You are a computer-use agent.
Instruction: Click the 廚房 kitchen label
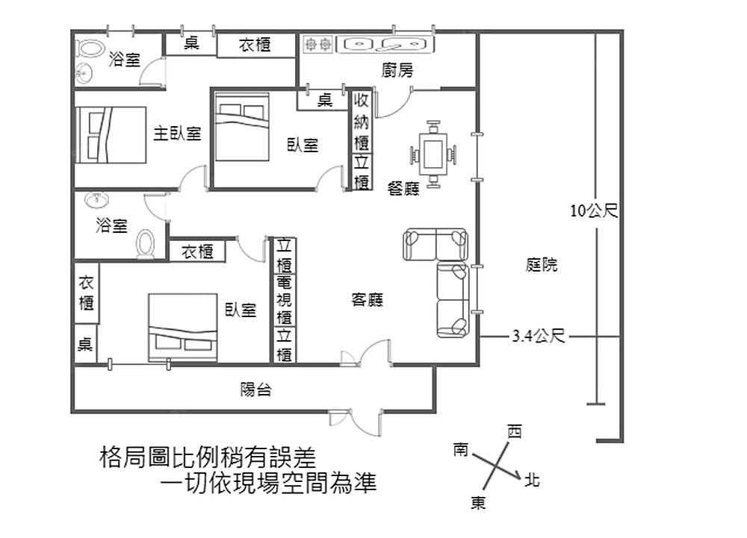pyautogui.click(x=397, y=70)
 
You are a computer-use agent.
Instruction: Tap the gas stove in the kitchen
pyautogui.click(x=318, y=45)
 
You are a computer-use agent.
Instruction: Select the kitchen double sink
pyautogui.click(x=385, y=45)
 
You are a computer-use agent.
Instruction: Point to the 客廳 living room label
pyautogui.click(x=367, y=300)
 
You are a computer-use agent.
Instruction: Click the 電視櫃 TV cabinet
pyautogui.click(x=285, y=300)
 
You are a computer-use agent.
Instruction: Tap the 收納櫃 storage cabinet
pyautogui.click(x=361, y=122)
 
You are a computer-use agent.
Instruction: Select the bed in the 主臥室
pyautogui.click(x=111, y=135)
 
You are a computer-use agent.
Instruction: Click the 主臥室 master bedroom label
pyautogui.click(x=177, y=133)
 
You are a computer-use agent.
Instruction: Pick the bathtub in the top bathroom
pyautogui.click(x=90, y=48)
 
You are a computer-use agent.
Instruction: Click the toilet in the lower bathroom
pyautogui.click(x=146, y=244)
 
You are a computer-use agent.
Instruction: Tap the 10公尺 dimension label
pyautogui.click(x=594, y=210)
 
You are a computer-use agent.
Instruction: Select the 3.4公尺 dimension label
pyautogui.click(x=539, y=337)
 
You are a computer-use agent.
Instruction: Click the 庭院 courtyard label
pyautogui.click(x=542, y=264)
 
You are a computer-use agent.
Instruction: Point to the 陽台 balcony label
pyautogui.click(x=255, y=390)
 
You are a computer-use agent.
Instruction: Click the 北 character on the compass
pyautogui.click(x=532, y=480)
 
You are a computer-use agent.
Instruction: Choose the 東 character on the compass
pyautogui.click(x=478, y=503)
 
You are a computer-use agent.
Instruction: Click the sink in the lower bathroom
pyautogui.click(x=97, y=200)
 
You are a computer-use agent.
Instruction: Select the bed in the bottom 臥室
pyautogui.click(x=182, y=328)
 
